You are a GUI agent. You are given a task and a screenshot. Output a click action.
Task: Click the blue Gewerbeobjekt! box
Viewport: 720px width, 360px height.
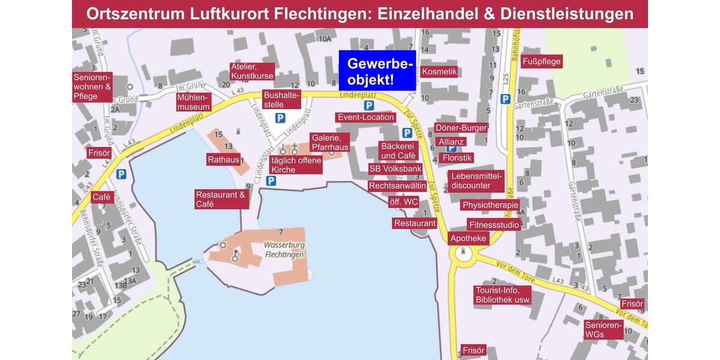377,71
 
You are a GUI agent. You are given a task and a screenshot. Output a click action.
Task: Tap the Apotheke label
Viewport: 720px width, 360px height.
469,238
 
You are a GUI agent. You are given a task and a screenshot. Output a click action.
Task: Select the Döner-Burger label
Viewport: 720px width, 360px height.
461,128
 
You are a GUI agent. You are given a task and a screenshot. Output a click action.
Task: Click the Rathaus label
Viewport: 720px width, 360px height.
223,160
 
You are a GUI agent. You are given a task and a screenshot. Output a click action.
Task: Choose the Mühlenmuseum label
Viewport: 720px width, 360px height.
193,102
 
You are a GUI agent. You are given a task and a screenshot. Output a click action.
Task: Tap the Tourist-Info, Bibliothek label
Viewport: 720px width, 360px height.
503,295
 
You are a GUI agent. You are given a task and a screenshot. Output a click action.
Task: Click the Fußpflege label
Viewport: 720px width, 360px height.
542,61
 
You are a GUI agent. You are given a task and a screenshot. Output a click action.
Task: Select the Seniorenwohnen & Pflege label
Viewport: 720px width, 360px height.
92,87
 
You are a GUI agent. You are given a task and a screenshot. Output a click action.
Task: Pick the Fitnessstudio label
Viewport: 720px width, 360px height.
494,225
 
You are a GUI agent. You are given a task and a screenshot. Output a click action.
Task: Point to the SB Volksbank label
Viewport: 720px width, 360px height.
395,169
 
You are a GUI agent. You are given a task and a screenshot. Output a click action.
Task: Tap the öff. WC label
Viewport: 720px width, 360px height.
403,202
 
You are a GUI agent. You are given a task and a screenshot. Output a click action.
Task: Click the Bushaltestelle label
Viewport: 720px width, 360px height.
282,100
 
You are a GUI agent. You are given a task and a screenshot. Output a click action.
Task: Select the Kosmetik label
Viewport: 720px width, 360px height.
439,72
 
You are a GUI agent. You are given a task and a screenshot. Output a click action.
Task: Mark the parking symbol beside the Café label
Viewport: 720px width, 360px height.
122,174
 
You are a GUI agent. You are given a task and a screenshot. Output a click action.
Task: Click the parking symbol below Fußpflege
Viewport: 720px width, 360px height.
505,99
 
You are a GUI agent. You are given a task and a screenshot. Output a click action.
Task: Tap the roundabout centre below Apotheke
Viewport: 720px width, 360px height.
463,254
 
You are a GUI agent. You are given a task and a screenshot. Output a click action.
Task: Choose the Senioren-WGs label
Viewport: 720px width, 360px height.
604,329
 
